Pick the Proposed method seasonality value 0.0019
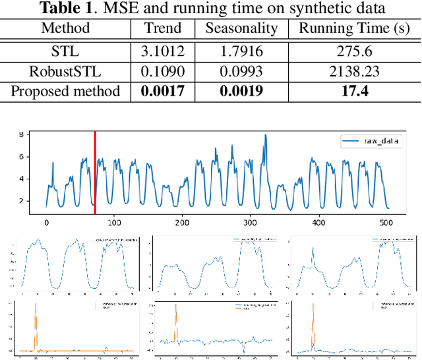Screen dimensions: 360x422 click(241, 91)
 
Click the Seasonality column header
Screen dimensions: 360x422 click(241, 28)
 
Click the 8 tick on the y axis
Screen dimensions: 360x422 click(20, 135)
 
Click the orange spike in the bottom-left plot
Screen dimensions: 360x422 click(36, 323)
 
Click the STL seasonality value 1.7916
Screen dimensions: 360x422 click(241, 50)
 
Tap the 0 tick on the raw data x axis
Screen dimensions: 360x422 click(46, 223)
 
